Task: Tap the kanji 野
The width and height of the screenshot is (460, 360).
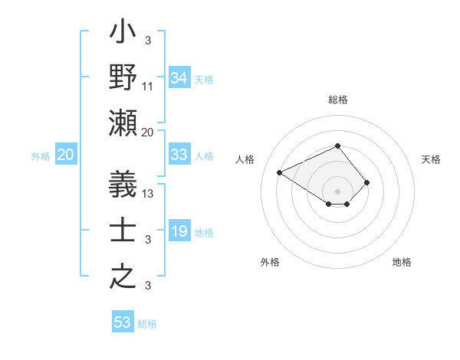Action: pos(123,79)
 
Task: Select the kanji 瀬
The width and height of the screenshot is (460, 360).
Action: pos(123,123)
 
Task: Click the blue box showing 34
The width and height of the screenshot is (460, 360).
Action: pos(179,78)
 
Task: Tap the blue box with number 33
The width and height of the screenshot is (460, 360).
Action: pos(179,155)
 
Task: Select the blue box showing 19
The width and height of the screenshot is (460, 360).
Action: pos(179,231)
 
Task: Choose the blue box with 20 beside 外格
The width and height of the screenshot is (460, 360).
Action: pos(66,155)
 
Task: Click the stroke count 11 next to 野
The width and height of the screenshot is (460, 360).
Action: pos(149,87)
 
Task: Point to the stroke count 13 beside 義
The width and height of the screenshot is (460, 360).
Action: pos(149,193)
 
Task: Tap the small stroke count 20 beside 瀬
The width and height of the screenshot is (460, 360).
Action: pos(149,132)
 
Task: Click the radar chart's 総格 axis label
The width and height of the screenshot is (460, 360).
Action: pos(337,100)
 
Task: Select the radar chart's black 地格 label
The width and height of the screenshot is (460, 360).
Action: pos(402,262)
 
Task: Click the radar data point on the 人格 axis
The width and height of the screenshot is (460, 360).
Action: pos(280,172)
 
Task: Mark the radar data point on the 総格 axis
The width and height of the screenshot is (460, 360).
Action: pos(337,146)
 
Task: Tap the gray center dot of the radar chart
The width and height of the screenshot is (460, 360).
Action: pos(337,191)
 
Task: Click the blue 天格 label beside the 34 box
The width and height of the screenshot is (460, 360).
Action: pos(204,79)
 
